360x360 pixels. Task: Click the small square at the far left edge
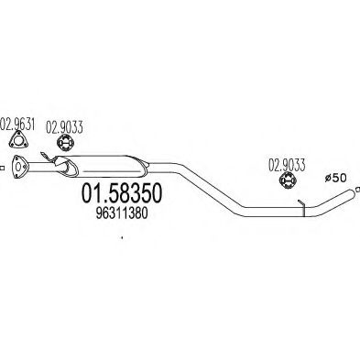3,168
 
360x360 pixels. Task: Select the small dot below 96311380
121,239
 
